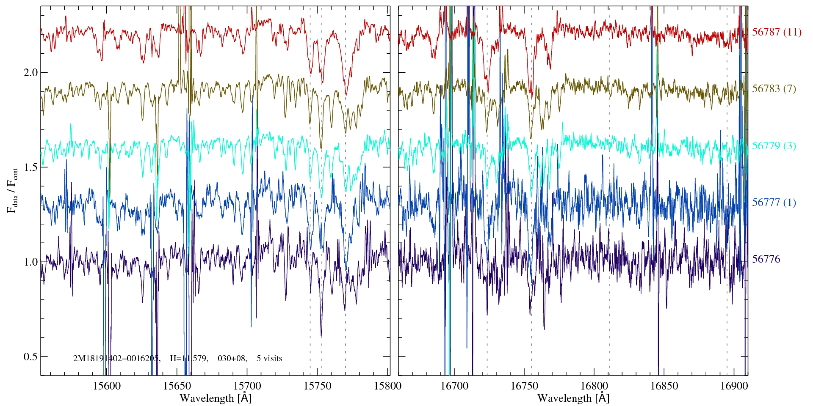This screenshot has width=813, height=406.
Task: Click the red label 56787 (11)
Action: (777, 32)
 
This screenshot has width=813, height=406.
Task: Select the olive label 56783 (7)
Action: (774, 89)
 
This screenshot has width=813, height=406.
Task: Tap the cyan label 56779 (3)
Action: (774, 146)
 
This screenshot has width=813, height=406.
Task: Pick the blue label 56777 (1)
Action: (774, 203)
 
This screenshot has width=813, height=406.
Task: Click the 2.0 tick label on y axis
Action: (30, 72)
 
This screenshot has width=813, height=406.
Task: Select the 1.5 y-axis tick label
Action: (30, 167)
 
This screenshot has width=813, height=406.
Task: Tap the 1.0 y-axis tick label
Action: (30, 262)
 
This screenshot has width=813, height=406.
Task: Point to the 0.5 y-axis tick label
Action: (30, 357)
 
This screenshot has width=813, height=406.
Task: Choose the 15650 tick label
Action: (177, 386)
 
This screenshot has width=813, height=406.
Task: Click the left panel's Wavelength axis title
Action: (216, 398)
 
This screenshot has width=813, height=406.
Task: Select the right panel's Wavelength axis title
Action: (573, 398)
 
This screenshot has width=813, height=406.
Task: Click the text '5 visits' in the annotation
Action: (269, 359)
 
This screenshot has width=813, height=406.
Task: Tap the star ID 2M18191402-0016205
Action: (116, 359)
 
